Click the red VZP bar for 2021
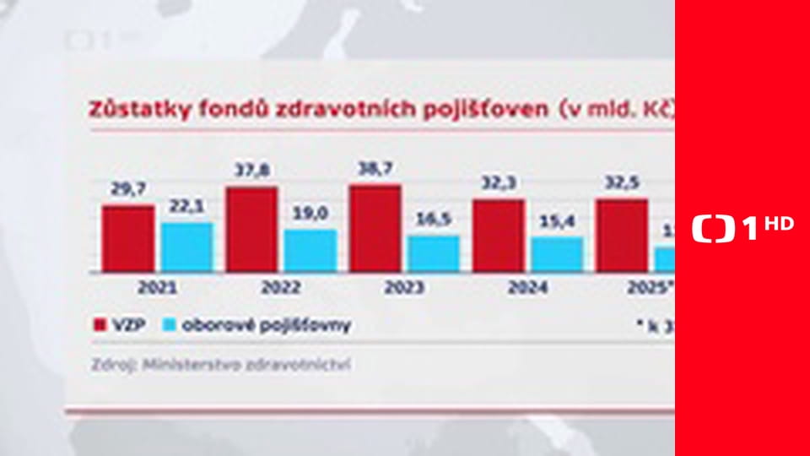pyautogui.click(x=128, y=238)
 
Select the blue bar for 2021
pyautogui.click(x=186, y=247)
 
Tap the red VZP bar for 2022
pyautogui.click(x=251, y=229)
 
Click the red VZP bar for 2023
pyautogui.click(x=375, y=228)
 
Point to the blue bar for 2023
pyautogui.click(x=433, y=253)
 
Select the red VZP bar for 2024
pyautogui.click(x=498, y=236)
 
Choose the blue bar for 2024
pyautogui.click(x=557, y=254)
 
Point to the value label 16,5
pyautogui.click(x=434, y=220)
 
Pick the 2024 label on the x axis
pyautogui.click(x=527, y=288)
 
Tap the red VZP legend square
pyautogui.click(x=97, y=325)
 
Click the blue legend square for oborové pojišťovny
pyautogui.click(x=169, y=325)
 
